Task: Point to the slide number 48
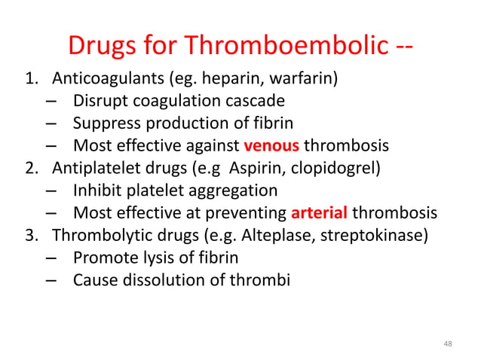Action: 448,343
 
